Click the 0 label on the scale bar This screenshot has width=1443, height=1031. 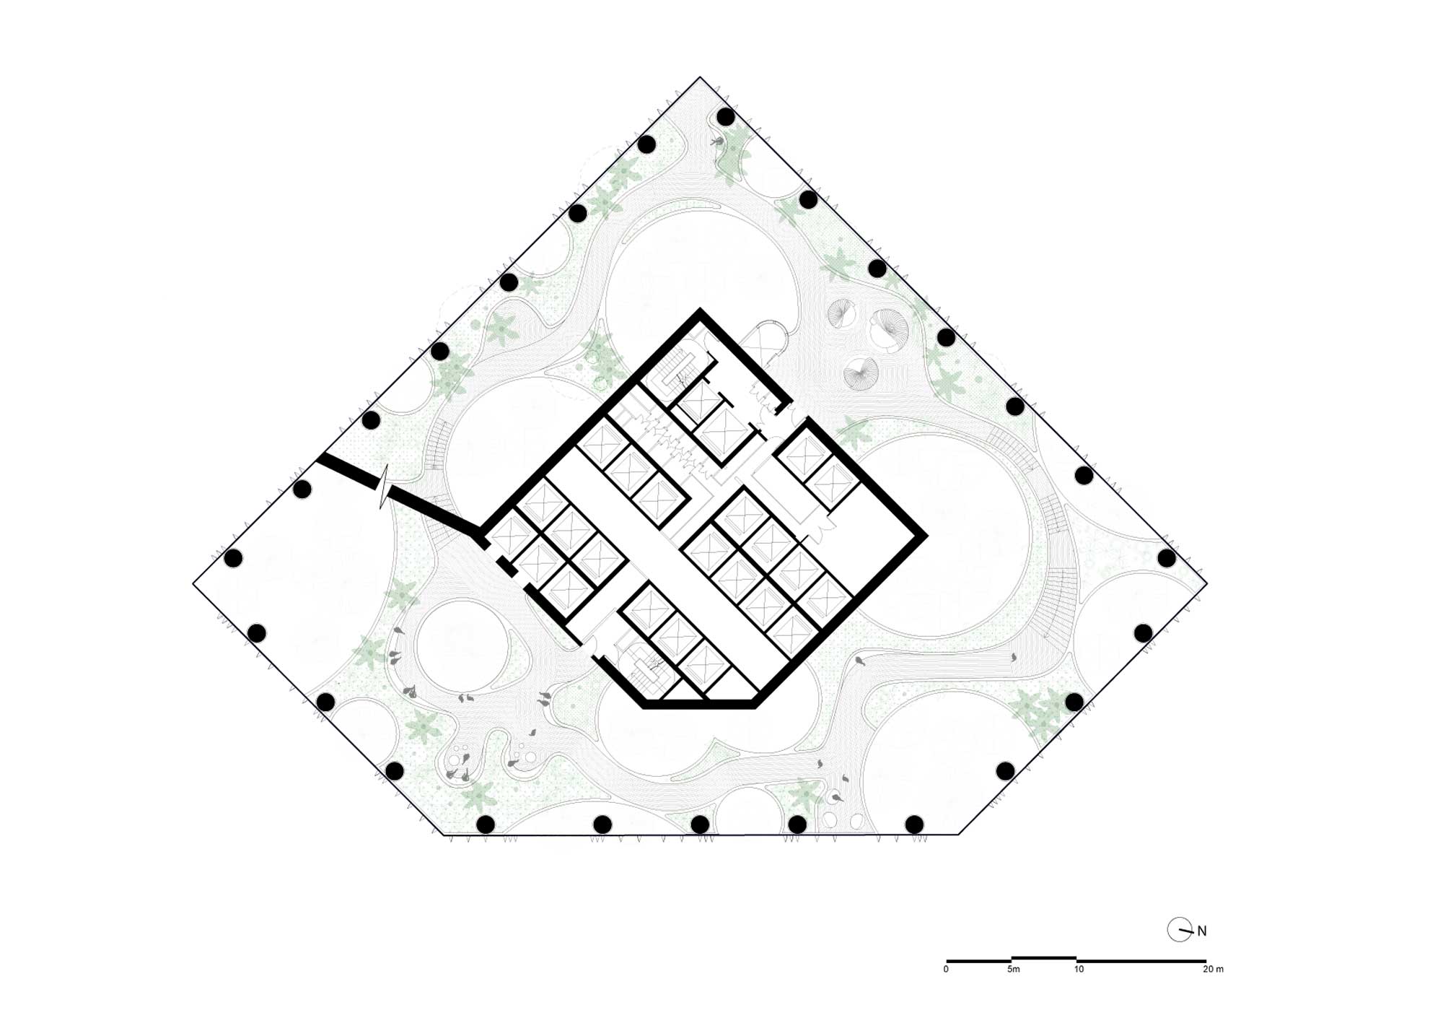pyautogui.click(x=946, y=970)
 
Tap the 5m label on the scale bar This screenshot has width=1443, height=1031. pyautogui.click(x=1014, y=970)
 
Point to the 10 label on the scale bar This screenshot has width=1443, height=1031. pyautogui.click(x=1079, y=970)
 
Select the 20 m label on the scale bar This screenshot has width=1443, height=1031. pyautogui.click(x=1214, y=970)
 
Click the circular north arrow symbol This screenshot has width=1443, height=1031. pyautogui.click(x=1180, y=930)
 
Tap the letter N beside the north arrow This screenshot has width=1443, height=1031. pyautogui.click(x=1202, y=931)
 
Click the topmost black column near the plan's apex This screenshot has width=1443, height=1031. pyautogui.click(x=726, y=116)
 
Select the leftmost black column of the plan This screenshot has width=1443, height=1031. pyautogui.click(x=233, y=558)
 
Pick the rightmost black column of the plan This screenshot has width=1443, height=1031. pyautogui.click(x=1167, y=558)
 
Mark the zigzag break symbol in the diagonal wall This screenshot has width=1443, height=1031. pyautogui.click(x=385, y=488)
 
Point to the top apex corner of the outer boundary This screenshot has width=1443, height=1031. pyautogui.click(x=700, y=77)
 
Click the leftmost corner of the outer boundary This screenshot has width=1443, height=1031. pyautogui.click(x=193, y=583)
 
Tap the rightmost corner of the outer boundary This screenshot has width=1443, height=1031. pyautogui.click(x=1207, y=583)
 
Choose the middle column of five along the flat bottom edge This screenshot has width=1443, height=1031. pyautogui.click(x=700, y=824)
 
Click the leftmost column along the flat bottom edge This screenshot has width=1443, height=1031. pyautogui.click(x=486, y=824)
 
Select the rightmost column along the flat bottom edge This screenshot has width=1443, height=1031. pyautogui.click(x=914, y=824)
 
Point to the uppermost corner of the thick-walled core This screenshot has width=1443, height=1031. pyautogui.click(x=699, y=310)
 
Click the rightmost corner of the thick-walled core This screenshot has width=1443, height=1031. pyautogui.click(x=926, y=535)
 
